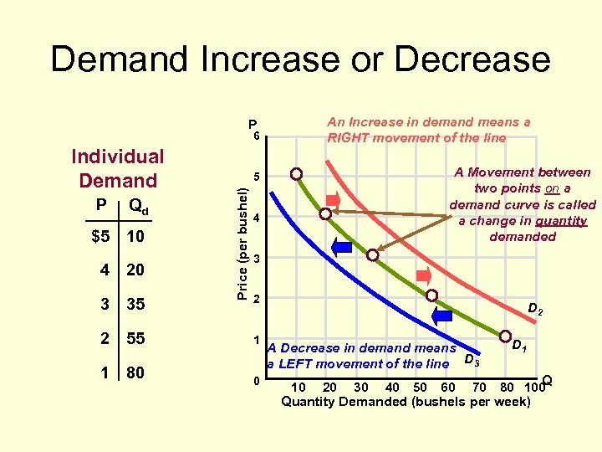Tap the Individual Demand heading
coord(117,168)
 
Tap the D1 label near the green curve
coord(518,344)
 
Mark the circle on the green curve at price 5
coord(297,174)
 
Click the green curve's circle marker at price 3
coord(373,255)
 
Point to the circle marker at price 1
coord(505,337)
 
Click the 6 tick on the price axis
coord(257,136)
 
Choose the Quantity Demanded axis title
coord(406,402)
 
